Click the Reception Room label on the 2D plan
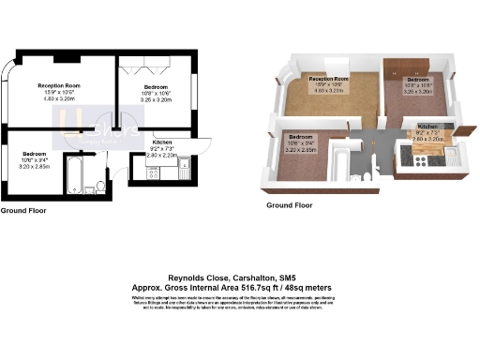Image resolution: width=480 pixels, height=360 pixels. (x=58, y=85)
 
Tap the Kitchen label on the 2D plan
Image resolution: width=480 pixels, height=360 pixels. (x=162, y=142)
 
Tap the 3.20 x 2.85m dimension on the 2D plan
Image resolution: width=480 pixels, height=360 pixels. (x=35, y=165)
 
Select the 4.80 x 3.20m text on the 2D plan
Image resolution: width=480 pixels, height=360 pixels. (x=58, y=97)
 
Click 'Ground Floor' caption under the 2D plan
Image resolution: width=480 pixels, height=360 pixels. (x=25, y=212)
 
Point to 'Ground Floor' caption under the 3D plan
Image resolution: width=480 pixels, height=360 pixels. (x=290, y=204)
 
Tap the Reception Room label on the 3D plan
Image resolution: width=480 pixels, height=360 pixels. (x=328, y=79)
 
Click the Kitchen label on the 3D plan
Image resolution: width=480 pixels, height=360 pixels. (x=427, y=127)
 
